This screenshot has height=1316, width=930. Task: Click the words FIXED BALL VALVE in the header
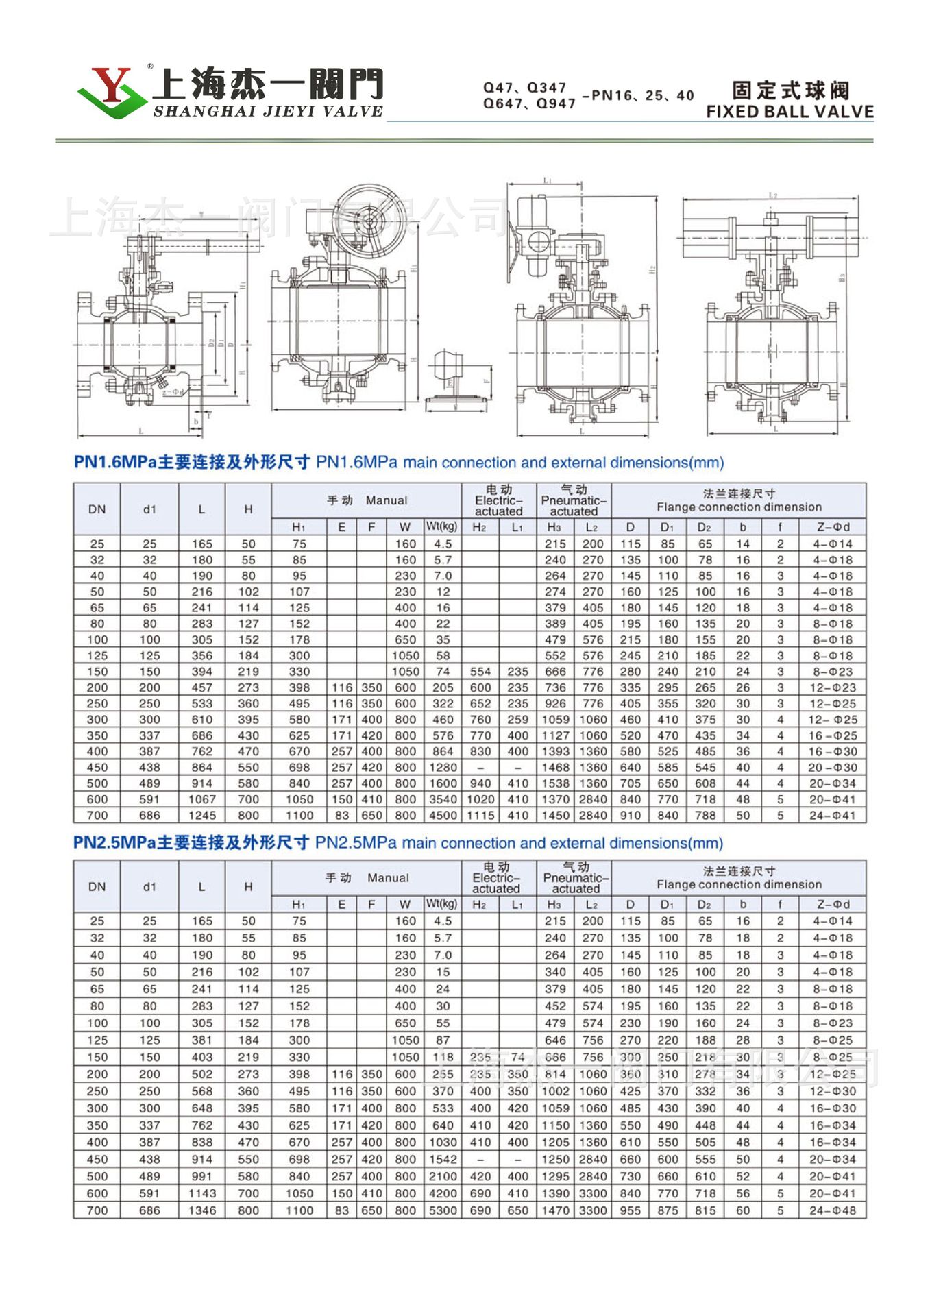[790, 112]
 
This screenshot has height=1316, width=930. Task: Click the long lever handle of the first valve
[206, 244]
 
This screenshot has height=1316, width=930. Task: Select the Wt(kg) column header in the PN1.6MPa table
[442, 527]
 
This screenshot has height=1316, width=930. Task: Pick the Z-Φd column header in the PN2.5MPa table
[833, 904]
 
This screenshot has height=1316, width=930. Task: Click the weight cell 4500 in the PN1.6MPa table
[443, 816]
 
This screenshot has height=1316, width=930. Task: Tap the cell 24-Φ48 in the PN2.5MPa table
[833, 1210]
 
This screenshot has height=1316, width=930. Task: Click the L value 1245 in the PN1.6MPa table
[201, 816]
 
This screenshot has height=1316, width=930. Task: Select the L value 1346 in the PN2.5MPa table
[201, 1210]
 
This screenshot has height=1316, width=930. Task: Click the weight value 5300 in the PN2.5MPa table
[443, 1210]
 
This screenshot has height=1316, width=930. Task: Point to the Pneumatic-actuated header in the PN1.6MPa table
[574, 500]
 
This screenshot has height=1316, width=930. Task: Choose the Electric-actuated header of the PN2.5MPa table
[497, 878]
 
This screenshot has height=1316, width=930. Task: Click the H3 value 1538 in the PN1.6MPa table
[555, 783]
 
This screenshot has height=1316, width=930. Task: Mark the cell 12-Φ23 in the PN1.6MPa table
[833, 687]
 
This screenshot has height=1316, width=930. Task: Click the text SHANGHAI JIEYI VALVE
[267, 112]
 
